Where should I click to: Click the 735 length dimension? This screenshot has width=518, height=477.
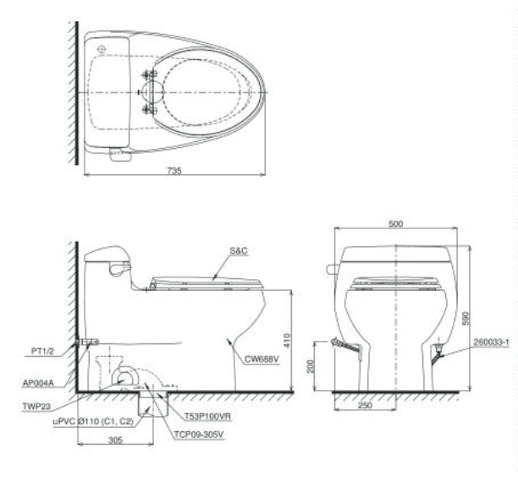tap(174, 171)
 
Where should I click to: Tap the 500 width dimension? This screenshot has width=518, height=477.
tap(395, 224)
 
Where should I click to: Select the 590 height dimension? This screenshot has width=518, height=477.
tap(466, 318)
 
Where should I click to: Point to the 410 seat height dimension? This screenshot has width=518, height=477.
tap(287, 340)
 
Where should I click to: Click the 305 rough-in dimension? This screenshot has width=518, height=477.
tap(115, 440)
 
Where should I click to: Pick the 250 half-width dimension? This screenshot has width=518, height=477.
tap(365, 405)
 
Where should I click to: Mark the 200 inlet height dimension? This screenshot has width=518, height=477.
tap(311, 366)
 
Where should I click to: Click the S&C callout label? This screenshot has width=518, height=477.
tap(239, 251)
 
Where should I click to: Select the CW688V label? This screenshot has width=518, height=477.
tap(262, 359)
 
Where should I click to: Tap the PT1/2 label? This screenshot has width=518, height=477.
tap(42, 351)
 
